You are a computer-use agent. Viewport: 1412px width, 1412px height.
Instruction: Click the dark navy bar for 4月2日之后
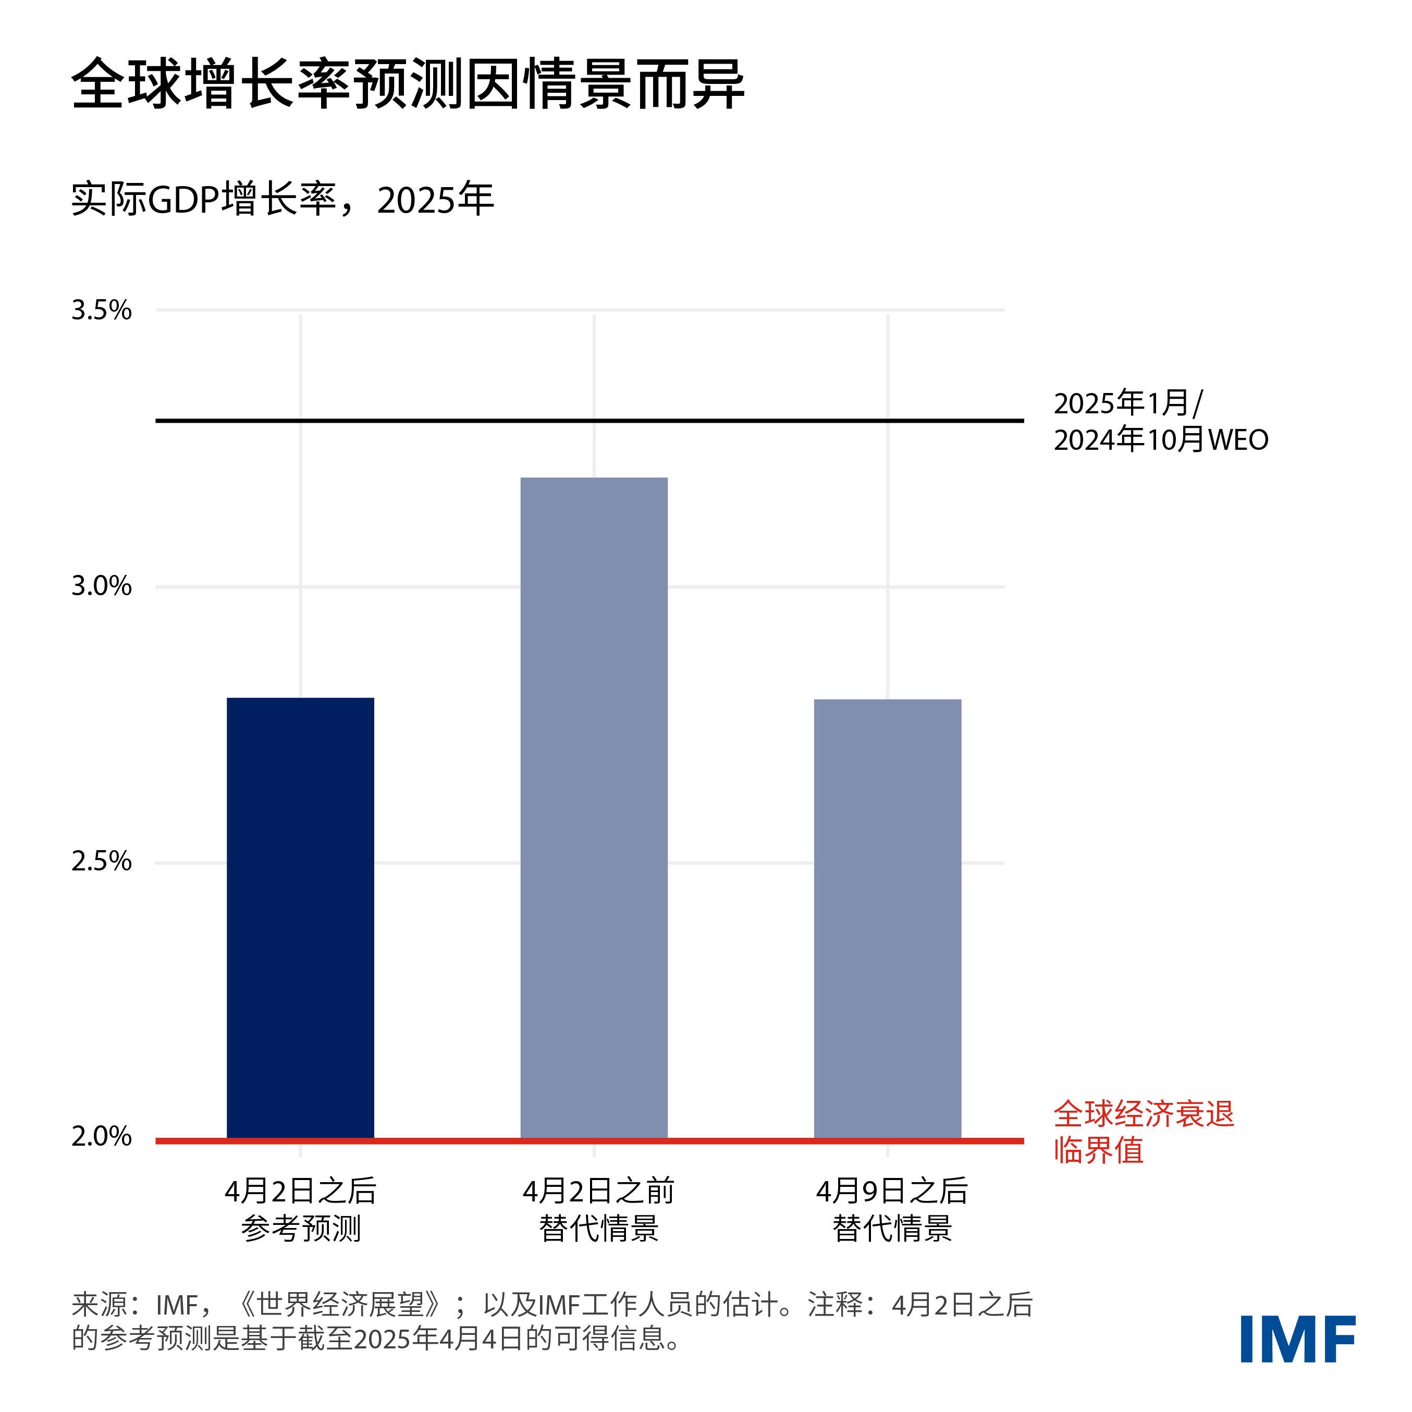coord(300,917)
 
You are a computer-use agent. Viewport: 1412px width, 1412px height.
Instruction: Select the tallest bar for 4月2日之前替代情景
coord(594,807)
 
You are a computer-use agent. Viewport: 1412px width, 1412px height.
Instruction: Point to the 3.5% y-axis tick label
coord(101,311)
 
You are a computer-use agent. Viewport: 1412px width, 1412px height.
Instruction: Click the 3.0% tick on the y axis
coord(101,586)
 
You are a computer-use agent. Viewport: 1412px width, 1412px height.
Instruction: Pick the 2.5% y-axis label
coord(101,862)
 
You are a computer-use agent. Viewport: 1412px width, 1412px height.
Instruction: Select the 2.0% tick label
coord(101,1136)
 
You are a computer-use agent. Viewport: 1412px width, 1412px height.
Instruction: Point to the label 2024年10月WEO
coord(1161,440)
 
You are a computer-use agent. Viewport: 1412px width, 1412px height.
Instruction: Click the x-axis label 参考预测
coord(300,1229)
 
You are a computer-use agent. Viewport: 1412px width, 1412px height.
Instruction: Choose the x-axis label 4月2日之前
coord(598,1192)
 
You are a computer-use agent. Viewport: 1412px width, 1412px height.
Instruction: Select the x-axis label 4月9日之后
coord(892,1192)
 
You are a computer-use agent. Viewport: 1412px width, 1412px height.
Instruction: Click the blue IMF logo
coord(1298,1339)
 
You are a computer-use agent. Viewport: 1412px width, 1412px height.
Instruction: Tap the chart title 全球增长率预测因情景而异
coord(407,84)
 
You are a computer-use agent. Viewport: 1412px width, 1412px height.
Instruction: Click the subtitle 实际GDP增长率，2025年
coord(282,200)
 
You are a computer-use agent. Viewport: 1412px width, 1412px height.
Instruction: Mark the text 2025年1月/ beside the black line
coord(1128,403)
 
